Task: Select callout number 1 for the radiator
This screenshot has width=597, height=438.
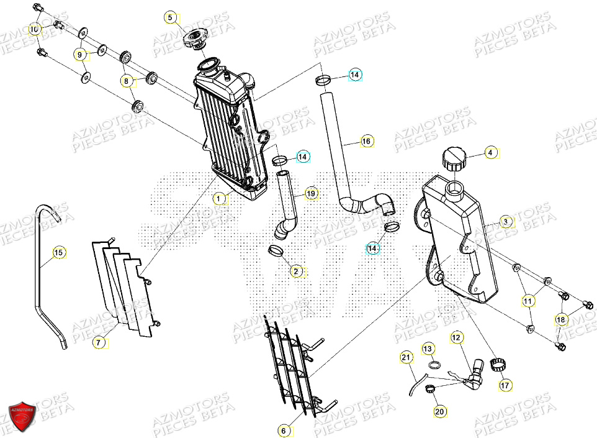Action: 218,199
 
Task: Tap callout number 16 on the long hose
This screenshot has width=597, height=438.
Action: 366,142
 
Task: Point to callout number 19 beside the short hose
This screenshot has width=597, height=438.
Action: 311,194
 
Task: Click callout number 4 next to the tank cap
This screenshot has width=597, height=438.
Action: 490,152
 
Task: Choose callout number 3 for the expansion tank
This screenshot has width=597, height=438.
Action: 506,221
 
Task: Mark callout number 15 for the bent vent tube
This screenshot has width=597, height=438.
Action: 58,252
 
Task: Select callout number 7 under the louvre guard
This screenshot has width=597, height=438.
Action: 97,342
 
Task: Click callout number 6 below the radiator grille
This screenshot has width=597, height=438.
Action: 284,429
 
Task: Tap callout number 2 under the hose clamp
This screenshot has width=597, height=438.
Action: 297,271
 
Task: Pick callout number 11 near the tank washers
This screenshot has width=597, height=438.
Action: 527,301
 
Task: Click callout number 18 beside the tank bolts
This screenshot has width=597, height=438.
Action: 560,319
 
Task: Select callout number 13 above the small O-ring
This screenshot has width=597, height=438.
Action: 429,349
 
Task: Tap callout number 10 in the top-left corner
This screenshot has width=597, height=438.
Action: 35,29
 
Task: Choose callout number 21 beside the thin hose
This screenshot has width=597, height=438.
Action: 406,357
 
